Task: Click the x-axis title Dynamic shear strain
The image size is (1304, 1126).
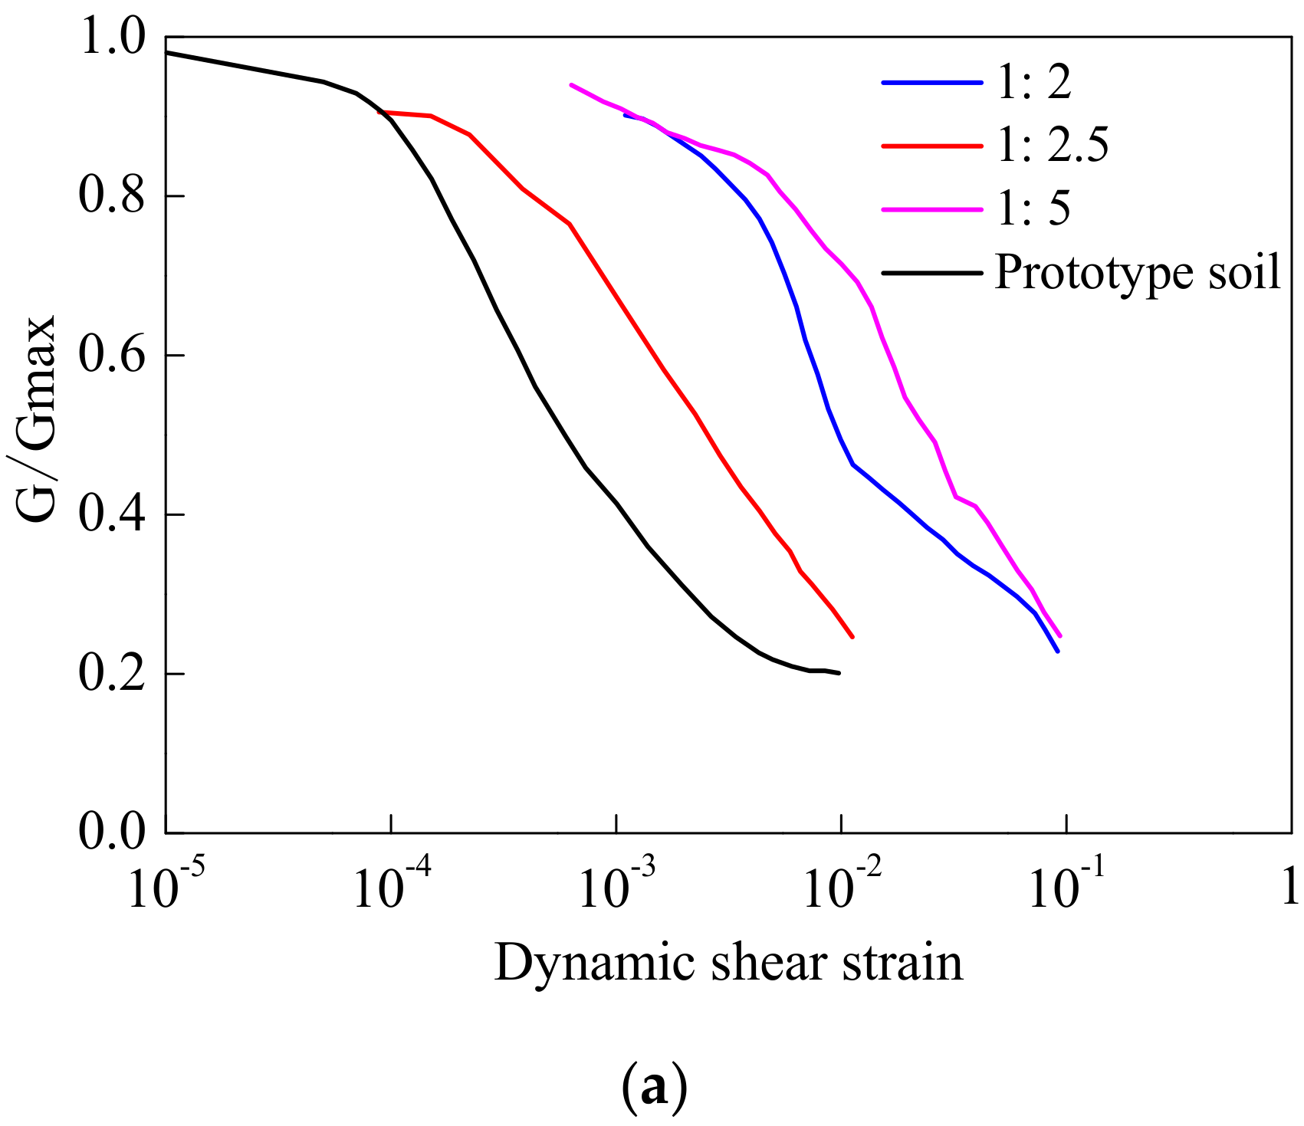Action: coord(728,964)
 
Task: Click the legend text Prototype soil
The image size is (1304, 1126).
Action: coord(1137,272)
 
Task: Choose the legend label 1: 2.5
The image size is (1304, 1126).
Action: coord(1052,145)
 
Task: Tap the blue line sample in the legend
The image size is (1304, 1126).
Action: coord(931,82)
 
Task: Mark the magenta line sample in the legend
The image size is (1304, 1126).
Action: coord(931,208)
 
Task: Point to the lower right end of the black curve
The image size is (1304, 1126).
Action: coord(840,673)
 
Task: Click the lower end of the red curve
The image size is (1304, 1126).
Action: coord(852,637)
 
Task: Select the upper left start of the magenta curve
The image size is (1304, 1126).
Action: coord(571,85)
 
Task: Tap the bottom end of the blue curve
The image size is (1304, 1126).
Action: coord(1058,652)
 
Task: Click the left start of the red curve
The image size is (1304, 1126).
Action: coord(379,112)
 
